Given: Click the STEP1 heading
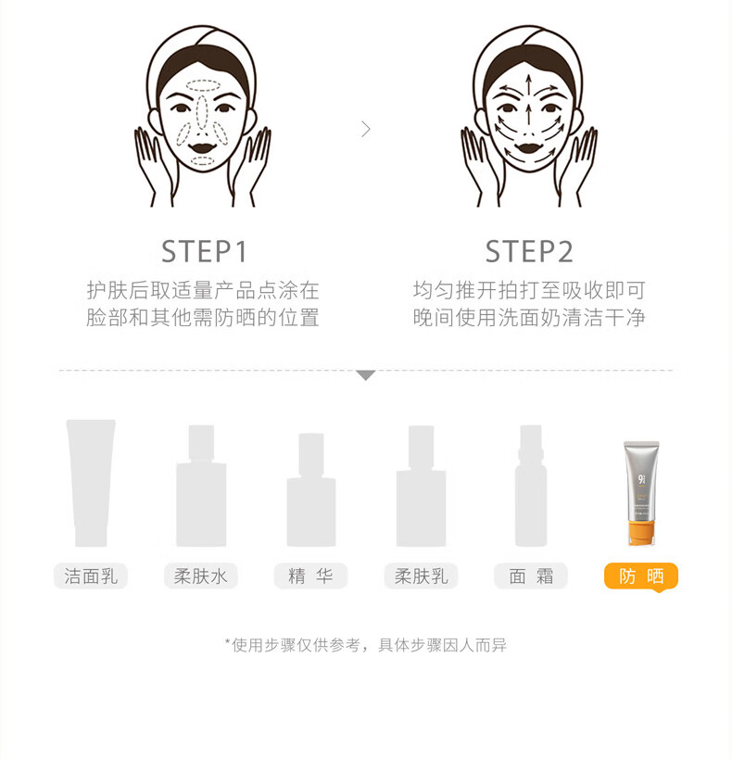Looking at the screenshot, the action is pos(204,252).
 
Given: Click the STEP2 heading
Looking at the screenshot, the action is pos(529,252).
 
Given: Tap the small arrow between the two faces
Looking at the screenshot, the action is pos(366,129).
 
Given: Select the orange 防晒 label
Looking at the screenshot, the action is pos(641,577).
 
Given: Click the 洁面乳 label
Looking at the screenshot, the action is pos(91,576).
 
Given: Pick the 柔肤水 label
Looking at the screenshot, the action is pos(200,576).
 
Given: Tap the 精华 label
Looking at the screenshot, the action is pos(310,576).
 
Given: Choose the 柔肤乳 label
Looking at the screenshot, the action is pos(421,576).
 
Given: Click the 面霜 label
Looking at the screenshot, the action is pos(531,576).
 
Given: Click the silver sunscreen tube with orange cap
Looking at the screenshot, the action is pos(641,493).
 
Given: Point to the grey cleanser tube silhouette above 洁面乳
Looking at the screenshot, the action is pos(91,483).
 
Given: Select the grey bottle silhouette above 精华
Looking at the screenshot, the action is pos(310,490).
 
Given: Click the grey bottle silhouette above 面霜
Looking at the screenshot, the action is pos(531,486).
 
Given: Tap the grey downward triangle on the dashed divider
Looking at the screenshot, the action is pos(366,375).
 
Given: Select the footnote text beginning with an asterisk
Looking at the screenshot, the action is pos(365,645).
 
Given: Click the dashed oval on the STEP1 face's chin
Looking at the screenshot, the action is pos(202,161).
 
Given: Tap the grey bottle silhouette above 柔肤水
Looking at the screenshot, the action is pos(201,486).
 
